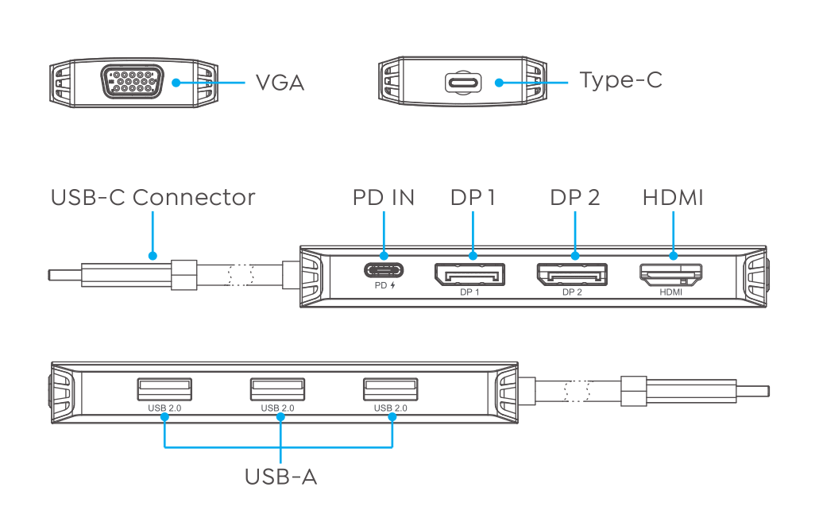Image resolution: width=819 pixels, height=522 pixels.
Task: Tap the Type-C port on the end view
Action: pyautogui.click(x=462, y=83)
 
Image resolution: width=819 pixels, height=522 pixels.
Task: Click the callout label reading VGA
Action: pyautogui.click(x=280, y=83)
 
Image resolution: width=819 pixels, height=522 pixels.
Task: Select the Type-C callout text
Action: pyautogui.click(x=620, y=80)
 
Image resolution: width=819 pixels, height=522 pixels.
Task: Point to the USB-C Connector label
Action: pyautogui.click(x=153, y=198)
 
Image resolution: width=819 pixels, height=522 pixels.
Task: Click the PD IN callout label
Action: pyautogui.click(x=384, y=198)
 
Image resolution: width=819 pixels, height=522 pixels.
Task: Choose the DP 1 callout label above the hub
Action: pyautogui.click(x=473, y=198)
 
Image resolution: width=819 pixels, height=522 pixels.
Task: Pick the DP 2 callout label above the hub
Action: pyautogui.click(x=575, y=198)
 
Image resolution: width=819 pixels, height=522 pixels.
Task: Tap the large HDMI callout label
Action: pyautogui.click(x=673, y=198)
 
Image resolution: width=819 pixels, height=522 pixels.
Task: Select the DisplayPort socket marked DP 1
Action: pyautogui.click(x=469, y=275)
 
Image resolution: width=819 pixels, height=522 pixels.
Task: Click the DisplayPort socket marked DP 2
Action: pyautogui.click(x=572, y=275)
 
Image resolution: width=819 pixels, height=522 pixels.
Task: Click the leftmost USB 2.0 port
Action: pyautogui.click(x=164, y=389)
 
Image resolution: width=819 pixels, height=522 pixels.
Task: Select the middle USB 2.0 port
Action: pyautogui.click(x=277, y=389)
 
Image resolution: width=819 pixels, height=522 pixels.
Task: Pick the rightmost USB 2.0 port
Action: pyautogui.click(x=390, y=389)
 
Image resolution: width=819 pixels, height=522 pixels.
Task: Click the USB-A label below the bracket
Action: pyautogui.click(x=280, y=478)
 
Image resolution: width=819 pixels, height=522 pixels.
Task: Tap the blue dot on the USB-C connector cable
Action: pyautogui.click(x=153, y=257)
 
